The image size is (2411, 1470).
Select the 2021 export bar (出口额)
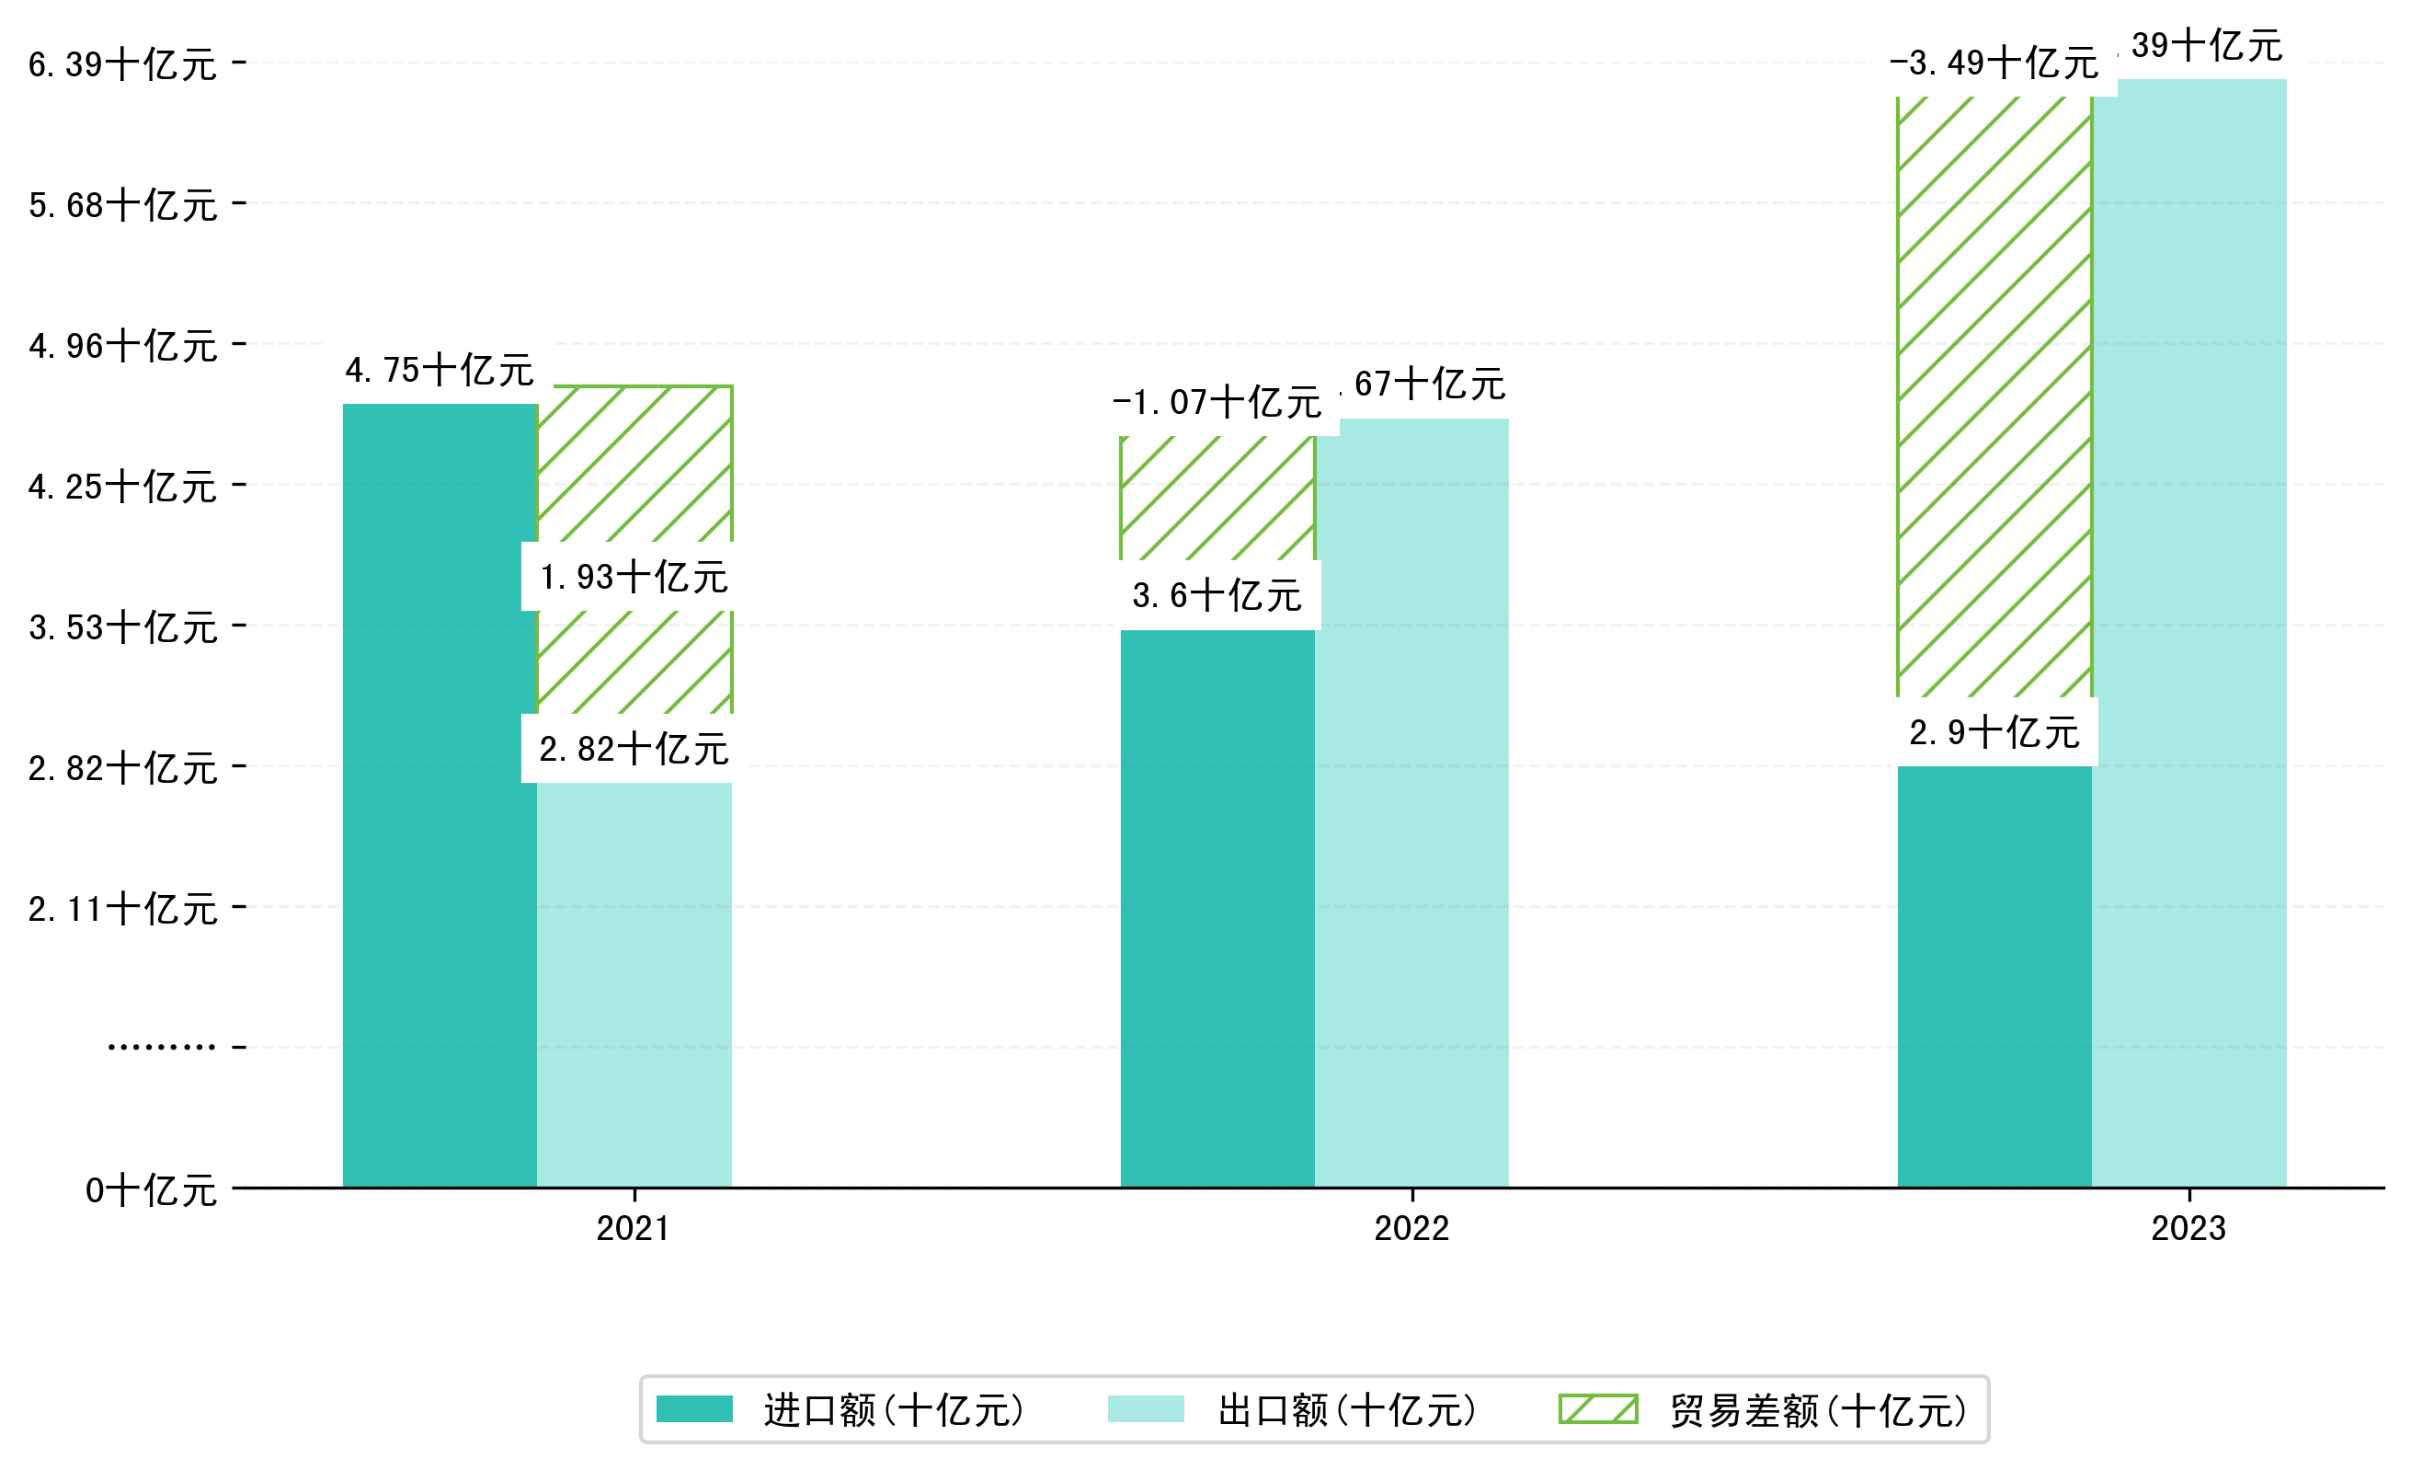click(634, 983)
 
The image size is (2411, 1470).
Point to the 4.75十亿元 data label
click(440, 370)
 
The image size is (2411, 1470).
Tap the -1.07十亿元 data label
click(1217, 401)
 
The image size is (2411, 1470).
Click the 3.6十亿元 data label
click(1217, 595)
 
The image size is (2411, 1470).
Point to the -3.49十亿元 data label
click(1994, 63)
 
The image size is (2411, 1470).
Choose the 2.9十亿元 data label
click(1994, 732)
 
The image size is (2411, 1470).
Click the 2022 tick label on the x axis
click(1411, 1228)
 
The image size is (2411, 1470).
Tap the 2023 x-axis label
click(2188, 1228)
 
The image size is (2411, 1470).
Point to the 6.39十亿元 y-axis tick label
click(122, 64)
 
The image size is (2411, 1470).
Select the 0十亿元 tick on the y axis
click(151, 1191)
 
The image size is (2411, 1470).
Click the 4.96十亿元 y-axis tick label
click(122, 346)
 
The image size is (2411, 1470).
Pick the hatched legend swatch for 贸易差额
click(1598, 1409)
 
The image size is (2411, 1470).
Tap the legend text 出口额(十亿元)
click(1346, 1410)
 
